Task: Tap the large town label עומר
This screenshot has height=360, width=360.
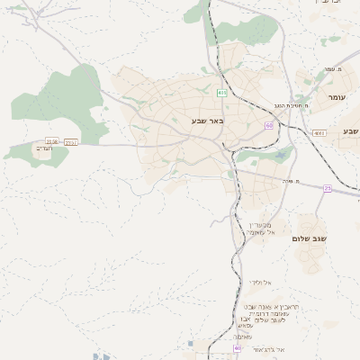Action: click(337, 97)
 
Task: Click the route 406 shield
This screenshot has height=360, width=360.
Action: click(221, 92)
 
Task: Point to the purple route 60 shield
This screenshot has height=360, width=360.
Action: click(269, 125)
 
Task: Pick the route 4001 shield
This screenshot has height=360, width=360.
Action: click(319, 133)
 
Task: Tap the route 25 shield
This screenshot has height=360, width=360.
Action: click(328, 188)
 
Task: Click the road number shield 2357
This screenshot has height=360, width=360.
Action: click(71, 141)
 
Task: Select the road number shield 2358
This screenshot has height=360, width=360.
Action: click(52, 141)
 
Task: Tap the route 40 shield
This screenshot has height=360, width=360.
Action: click(238, 347)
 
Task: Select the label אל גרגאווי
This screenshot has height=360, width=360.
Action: click(268, 349)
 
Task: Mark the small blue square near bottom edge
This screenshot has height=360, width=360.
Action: click(193, 343)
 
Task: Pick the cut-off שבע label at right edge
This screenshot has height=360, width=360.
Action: click(351, 131)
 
